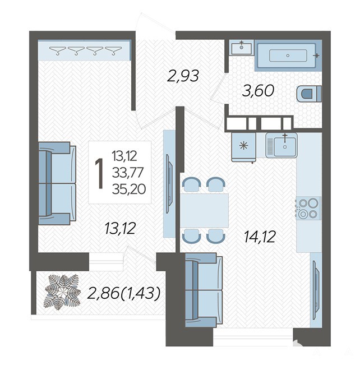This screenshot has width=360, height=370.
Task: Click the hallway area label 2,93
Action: click(x=183, y=76)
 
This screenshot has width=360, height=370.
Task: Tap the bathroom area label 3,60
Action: click(x=259, y=91)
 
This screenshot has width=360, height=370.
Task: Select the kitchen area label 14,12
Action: click(x=260, y=237)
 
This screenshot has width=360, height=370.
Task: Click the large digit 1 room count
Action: click(x=100, y=173)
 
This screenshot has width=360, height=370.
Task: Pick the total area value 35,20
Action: click(x=129, y=189)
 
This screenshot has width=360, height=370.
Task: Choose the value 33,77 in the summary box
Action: click(x=128, y=172)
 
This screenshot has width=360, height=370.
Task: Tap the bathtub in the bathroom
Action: click(x=288, y=55)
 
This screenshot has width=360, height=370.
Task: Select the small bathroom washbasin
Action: click(x=241, y=48)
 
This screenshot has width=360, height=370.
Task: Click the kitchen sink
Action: click(x=281, y=145)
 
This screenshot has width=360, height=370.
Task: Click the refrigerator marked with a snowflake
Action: click(x=244, y=147)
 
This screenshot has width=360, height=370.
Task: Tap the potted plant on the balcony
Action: click(x=62, y=292)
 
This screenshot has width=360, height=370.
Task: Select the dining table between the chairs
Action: click(x=205, y=210)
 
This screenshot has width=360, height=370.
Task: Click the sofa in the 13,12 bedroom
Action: click(x=57, y=183)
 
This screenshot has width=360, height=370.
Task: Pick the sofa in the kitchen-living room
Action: click(x=204, y=290)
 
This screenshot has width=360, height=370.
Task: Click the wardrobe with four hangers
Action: click(x=84, y=50)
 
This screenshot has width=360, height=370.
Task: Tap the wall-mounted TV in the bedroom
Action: click(x=169, y=183)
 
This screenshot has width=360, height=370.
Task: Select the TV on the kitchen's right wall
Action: click(x=316, y=290)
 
